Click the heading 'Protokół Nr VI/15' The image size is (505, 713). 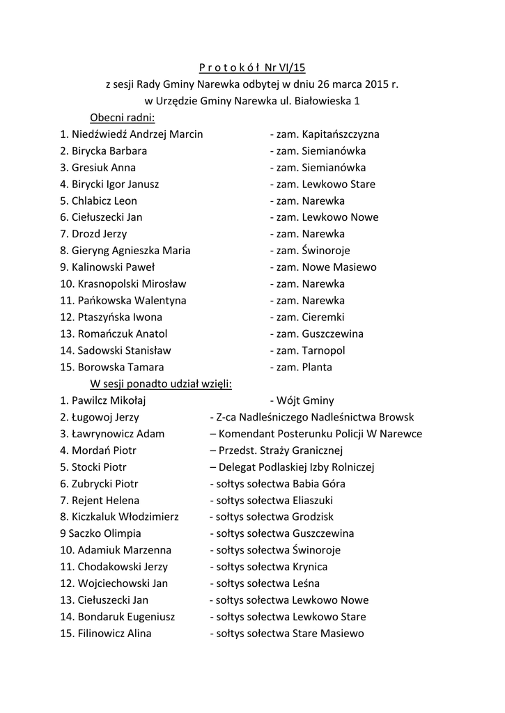[x=252, y=68]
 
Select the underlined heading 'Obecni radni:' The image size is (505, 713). [x=123, y=118]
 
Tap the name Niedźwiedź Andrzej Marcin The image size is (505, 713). [x=137, y=134]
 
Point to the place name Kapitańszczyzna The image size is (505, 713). [x=341, y=134]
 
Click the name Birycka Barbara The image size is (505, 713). [x=109, y=151]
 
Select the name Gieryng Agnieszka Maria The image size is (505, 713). [x=131, y=251]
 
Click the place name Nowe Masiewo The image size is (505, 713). [x=339, y=267]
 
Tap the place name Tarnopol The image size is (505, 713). [x=323, y=351]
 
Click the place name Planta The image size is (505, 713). [x=317, y=368]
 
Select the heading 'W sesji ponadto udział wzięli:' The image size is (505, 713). [x=161, y=384]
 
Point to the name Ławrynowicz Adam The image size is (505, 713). [x=118, y=434]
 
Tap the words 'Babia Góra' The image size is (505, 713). [x=319, y=484]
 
